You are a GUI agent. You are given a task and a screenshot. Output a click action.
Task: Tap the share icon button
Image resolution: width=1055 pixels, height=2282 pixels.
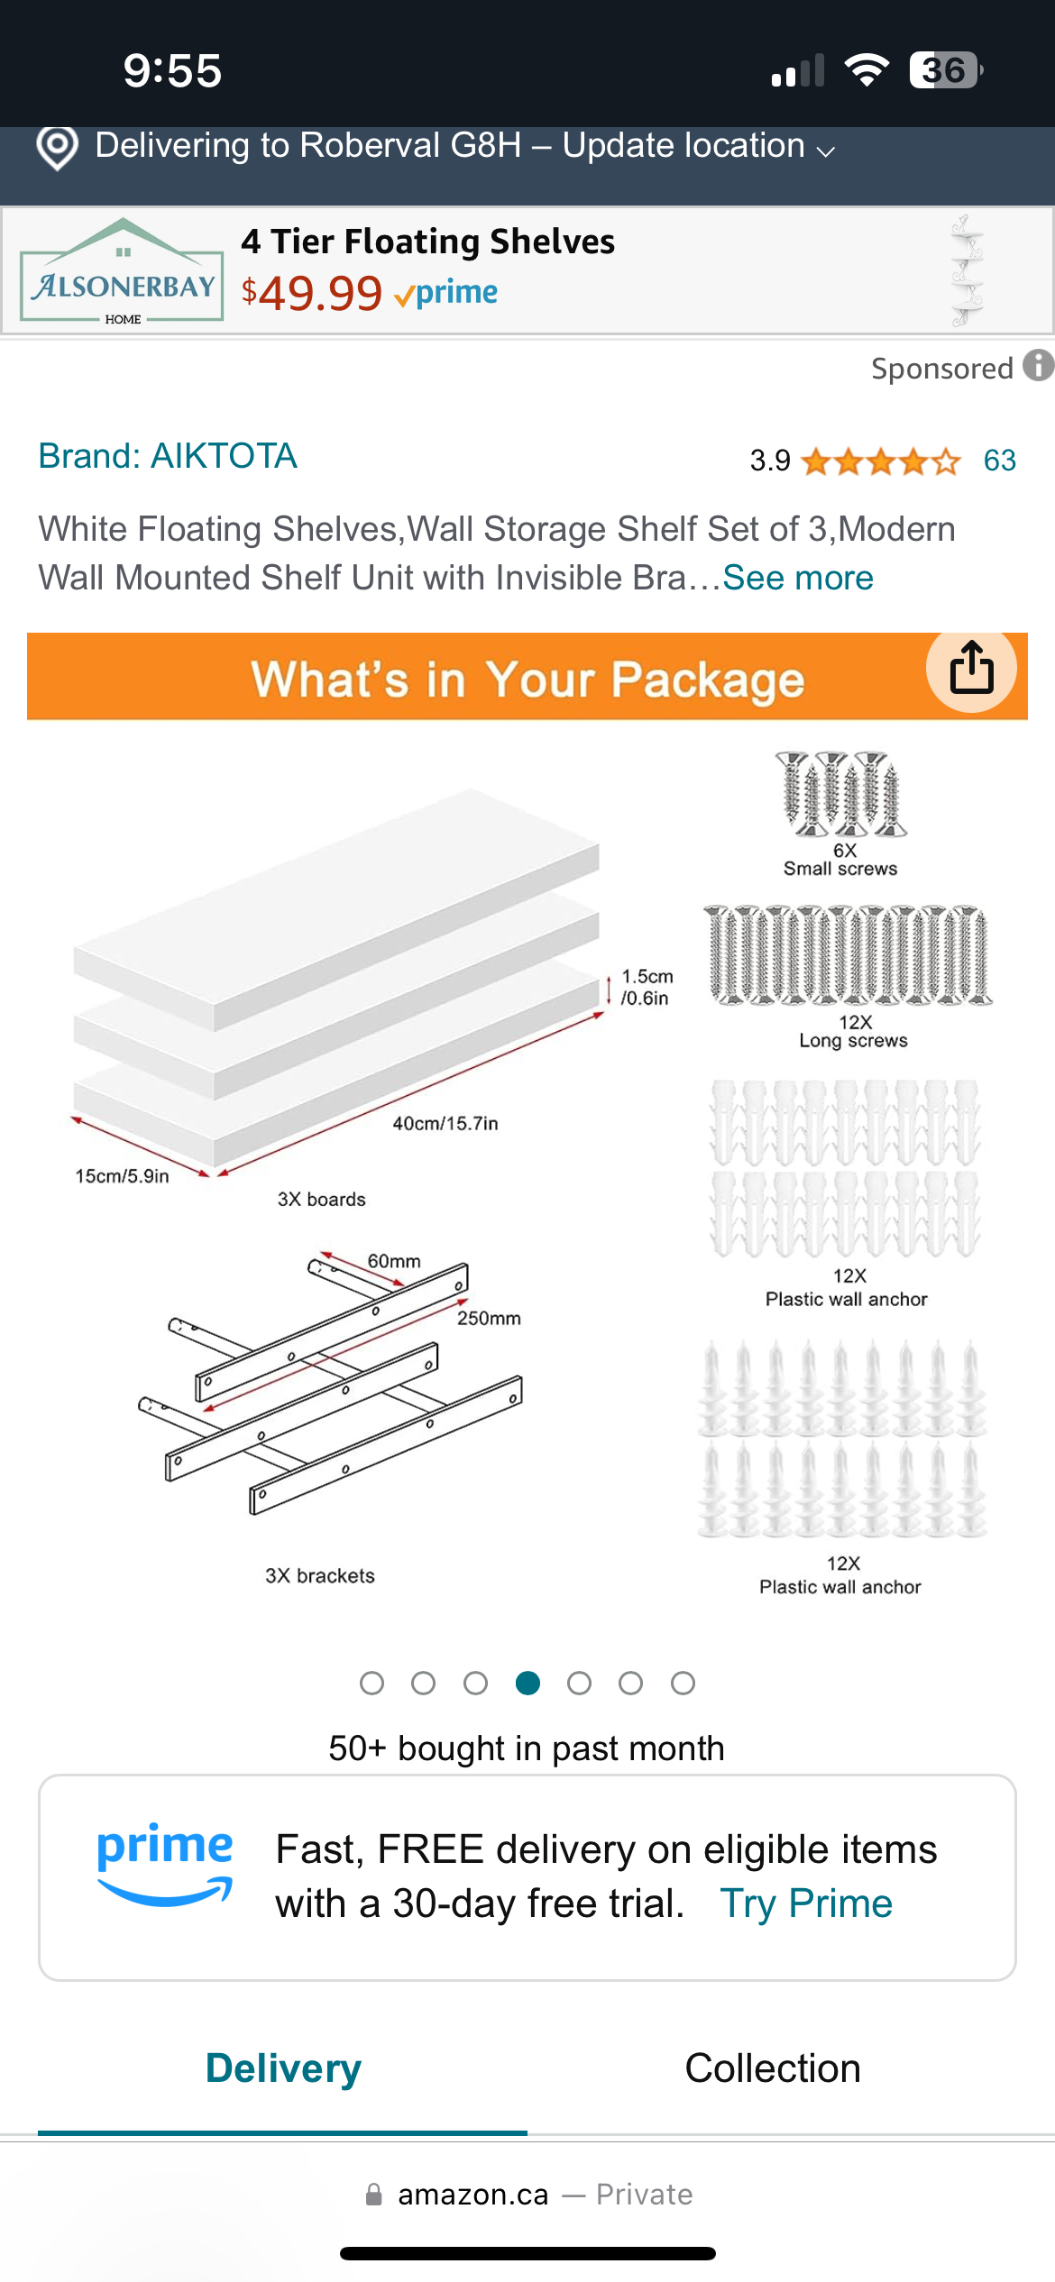tap(971, 668)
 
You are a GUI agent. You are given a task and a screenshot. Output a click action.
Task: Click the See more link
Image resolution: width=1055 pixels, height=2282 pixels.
tap(798, 578)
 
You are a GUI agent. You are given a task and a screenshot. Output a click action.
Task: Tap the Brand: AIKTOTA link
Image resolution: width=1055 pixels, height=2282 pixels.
tap(168, 456)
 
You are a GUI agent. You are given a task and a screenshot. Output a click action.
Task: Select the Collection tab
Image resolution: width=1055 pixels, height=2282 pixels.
tap(773, 2068)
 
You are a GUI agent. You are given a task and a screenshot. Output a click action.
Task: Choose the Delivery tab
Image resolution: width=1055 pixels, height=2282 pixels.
tap(283, 2068)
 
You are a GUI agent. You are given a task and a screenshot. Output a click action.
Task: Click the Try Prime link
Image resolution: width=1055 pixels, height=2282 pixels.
tap(806, 1903)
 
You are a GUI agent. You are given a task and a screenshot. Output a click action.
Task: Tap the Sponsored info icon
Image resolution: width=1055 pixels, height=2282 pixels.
tap(1039, 366)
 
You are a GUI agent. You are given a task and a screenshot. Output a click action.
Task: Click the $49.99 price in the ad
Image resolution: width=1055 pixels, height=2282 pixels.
tap(312, 293)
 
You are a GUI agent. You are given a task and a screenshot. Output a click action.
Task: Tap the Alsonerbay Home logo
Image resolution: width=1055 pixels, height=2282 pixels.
tap(122, 270)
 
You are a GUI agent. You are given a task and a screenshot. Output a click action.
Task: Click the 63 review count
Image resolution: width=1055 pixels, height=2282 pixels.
tap(1000, 461)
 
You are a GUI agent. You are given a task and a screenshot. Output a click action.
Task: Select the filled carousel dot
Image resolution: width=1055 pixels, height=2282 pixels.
tap(527, 1683)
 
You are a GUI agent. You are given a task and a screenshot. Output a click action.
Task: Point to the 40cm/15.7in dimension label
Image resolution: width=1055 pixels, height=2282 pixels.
tap(445, 1123)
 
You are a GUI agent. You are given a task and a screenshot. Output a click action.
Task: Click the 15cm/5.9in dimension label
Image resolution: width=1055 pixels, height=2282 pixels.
tap(122, 1176)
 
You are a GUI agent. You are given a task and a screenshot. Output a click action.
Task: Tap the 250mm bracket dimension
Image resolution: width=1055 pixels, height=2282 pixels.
tap(489, 1318)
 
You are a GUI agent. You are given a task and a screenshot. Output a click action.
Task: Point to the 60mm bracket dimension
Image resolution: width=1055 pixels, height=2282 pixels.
tap(394, 1261)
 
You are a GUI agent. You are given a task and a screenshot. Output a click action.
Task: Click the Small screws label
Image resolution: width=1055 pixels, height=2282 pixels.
tap(840, 869)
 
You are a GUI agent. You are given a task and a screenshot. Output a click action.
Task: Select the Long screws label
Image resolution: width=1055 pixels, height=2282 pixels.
tap(853, 1041)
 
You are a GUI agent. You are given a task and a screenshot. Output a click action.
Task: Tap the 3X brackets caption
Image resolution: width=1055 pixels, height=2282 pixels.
tap(320, 1575)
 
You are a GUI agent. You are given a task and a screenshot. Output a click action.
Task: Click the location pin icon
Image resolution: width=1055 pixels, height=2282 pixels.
tap(57, 147)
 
